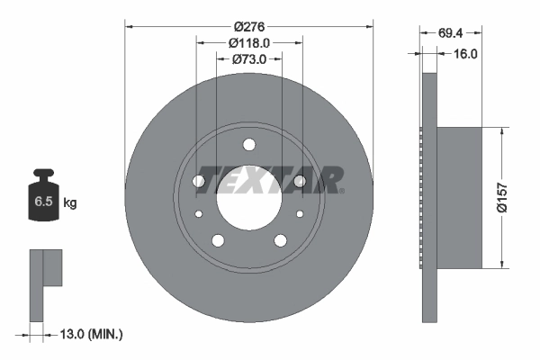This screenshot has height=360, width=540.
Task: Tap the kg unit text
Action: [69, 203]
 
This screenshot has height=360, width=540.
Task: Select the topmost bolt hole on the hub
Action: [248, 145]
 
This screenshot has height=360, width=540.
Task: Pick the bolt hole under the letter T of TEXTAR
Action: [199, 182]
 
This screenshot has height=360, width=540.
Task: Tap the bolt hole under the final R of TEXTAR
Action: [299, 182]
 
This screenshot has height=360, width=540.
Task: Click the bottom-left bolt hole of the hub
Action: [217, 239]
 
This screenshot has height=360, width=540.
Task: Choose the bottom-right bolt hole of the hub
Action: [279, 239]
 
